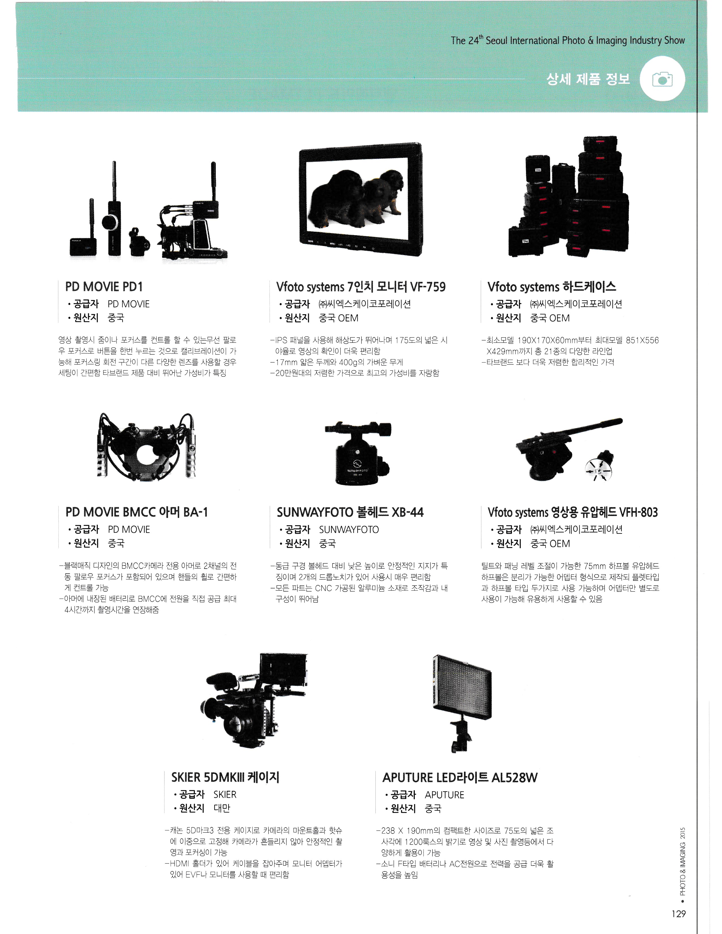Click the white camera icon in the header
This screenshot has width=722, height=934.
click(662, 80)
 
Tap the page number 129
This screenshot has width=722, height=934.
click(678, 913)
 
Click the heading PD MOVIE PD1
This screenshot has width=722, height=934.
click(104, 286)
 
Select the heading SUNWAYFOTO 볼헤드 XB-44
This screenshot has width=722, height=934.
click(350, 512)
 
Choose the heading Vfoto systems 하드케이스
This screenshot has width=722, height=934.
click(552, 286)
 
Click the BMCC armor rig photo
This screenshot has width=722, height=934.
click(146, 445)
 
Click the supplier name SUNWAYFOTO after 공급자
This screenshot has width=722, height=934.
click(349, 530)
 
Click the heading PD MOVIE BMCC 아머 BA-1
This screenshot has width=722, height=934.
click(136, 512)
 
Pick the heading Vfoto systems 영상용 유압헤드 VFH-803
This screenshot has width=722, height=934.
click(573, 512)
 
